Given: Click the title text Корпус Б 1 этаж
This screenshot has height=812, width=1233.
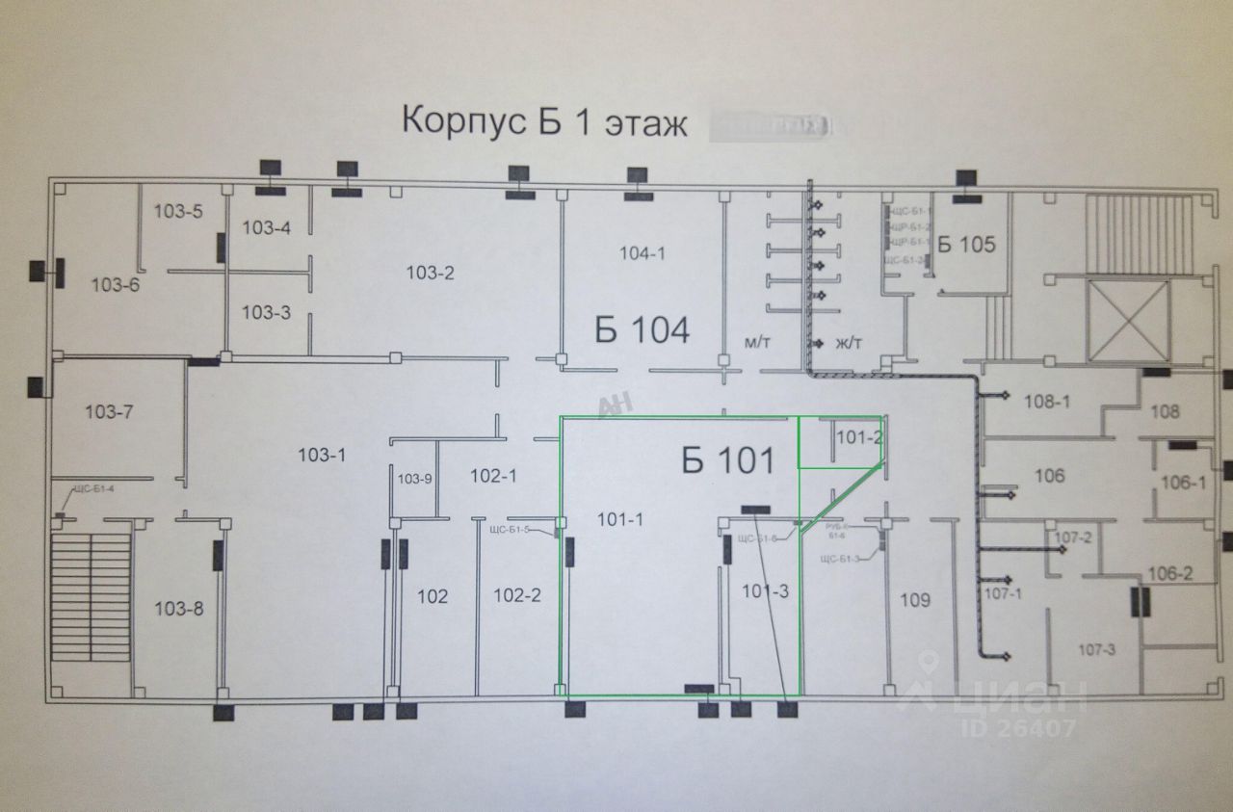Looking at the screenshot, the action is pyautogui.click(x=543, y=123).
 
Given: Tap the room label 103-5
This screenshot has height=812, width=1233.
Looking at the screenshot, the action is pyautogui.click(x=178, y=212).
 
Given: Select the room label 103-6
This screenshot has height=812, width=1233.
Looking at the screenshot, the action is pyautogui.click(x=115, y=284).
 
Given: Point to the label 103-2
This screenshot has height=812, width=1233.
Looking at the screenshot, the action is pyautogui.click(x=430, y=273).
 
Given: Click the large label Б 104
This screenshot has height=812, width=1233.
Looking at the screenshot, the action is pyautogui.click(x=642, y=331).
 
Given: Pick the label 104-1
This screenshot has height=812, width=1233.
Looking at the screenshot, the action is pyautogui.click(x=643, y=253).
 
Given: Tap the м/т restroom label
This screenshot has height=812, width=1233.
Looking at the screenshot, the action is pyautogui.click(x=754, y=343).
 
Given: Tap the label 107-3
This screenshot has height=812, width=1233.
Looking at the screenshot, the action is pyautogui.click(x=1096, y=650).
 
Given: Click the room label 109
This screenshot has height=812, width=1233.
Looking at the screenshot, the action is pyautogui.click(x=915, y=601).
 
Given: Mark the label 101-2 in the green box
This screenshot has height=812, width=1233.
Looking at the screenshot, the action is pyautogui.click(x=858, y=437).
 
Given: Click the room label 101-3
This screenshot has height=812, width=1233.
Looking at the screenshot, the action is pyautogui.click(x=766, y=591).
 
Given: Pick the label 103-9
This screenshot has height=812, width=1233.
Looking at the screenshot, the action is pyautogui.click(x=416, y=479).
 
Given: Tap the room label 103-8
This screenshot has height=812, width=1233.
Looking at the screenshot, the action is pyautogui.click(x=179, y=608).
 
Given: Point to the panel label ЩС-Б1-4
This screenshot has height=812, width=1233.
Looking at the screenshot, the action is pyautogui.click(x=92, y=489).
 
